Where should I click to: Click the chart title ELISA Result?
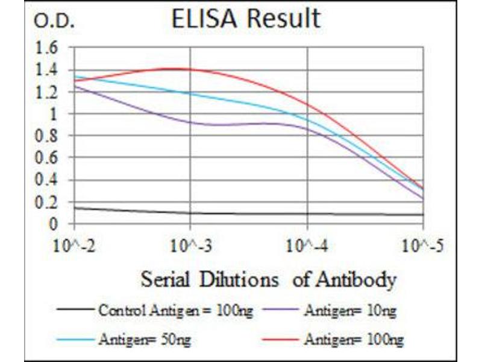pyautogui.click(x=246, y=19)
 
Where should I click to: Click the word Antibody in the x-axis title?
pyautogui.click(x=360, y=280)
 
